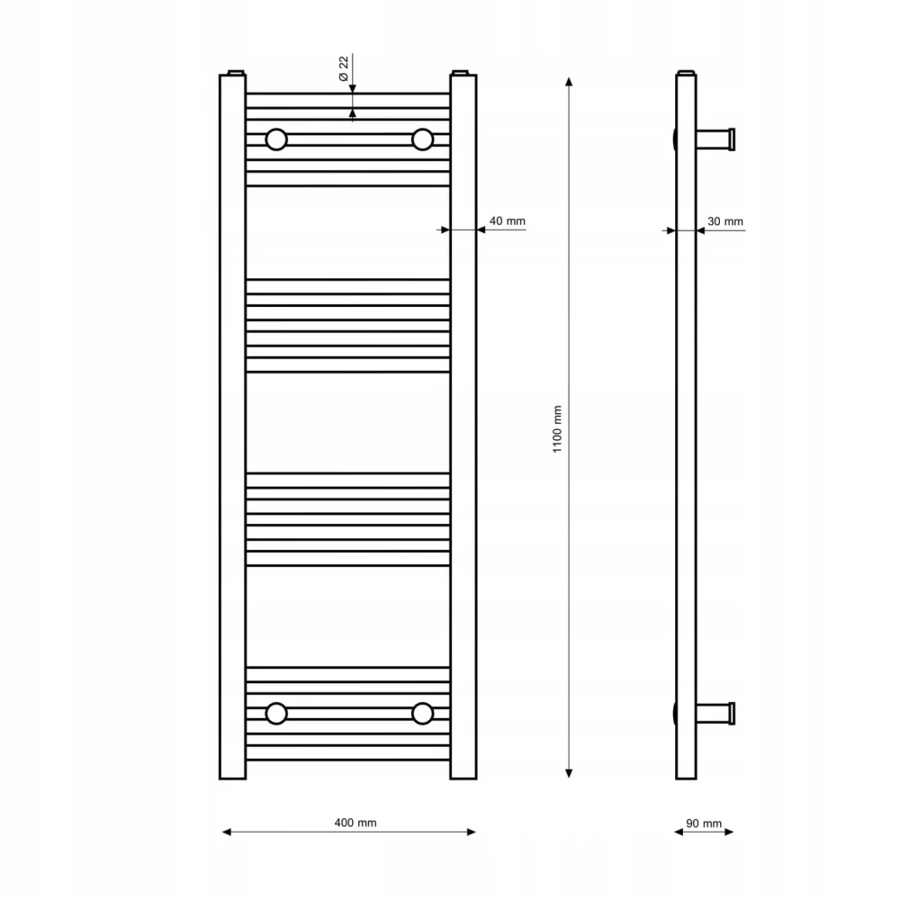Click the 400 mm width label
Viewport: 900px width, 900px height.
pyautogui.click(x=355, y=823)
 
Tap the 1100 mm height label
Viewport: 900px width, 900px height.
pyautogui.click(x=557, y=429)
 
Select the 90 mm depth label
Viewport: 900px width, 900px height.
pyautogui.click(x=704, y=823)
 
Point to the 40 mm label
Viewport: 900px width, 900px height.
pyautogui.click(x=507, y=221)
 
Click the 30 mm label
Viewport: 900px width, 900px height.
pyautogui.click(x=724, y=221)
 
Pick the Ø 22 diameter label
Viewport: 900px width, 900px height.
pyautogui.click(x=343, y=69)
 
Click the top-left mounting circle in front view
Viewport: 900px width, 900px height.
pyautogui.click(x=276, y=139)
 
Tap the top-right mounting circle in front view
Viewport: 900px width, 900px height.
pyautogui.click(x=422, y=139)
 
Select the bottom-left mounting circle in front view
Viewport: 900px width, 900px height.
pyautogui.click(x=276, y=714)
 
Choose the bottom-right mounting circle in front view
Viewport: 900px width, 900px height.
pyautogui.click(x=422, y=714)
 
